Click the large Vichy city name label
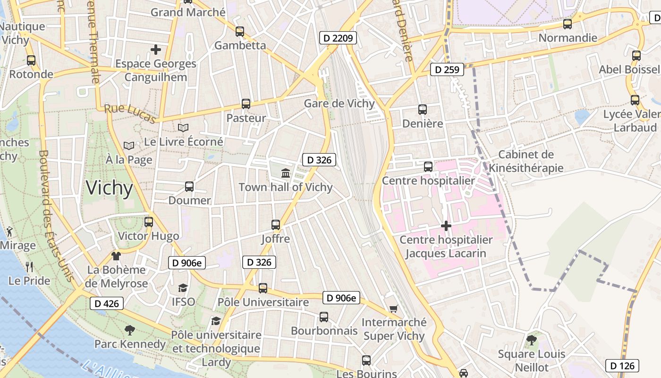click(x=110, y=188)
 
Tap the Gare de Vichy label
click(x=339, y=103)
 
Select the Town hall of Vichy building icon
click(x=285, y=173)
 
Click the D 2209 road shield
click(x=338, y=38)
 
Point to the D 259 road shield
click(x=446, y=70)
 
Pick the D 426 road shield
click(x=107, y=303)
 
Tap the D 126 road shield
click(x=622, y=365)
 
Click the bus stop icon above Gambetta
click(x=240, y=32)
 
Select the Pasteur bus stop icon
click(x=246, y=104)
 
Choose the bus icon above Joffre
click(x=276, y=225)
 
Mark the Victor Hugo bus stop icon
click(x=149, y=222)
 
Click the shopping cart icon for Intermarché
click(x=393, y=309)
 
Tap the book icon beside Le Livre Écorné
click(x=183, y=128)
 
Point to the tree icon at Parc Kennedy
click(x=129, y=330)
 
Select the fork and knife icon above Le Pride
click(x=29, y=266)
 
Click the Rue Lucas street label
click(x=130, y=114)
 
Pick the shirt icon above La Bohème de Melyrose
click(x=116, y=256)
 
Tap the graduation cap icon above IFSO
click(x=183, y=288)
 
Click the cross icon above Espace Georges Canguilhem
click(x=155, y=49)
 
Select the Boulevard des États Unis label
click(x=56, y=215)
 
